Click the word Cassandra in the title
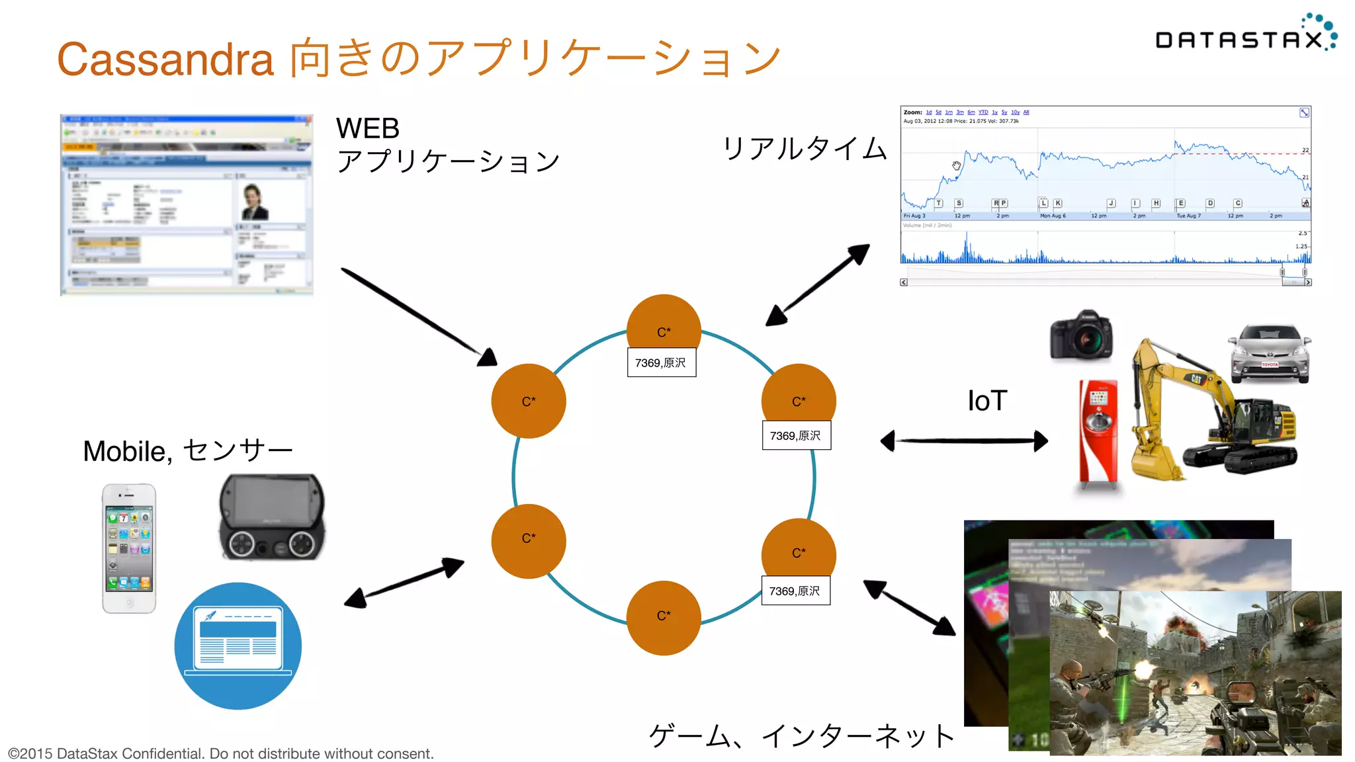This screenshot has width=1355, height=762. point(165,60)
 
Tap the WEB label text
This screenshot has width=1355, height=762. point(368,128)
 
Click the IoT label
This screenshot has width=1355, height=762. point(987,401)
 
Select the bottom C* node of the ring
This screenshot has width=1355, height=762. point(664,618)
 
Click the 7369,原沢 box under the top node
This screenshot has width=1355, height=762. point(661,362)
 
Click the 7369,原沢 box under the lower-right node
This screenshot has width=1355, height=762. point(795,591)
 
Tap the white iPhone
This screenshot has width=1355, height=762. point(129,548)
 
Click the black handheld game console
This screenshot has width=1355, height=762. point(272,517)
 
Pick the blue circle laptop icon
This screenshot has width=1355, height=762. point(238,646)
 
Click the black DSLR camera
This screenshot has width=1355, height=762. point(1081,336)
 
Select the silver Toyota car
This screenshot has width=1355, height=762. point(1270,355)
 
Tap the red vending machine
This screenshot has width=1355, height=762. point(1099,433)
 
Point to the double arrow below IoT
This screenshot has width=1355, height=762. point(965,441)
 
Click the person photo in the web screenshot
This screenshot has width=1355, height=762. point(254,202)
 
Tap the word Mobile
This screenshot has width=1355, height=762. point(124,452)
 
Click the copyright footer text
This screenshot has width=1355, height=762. point(221,753)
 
